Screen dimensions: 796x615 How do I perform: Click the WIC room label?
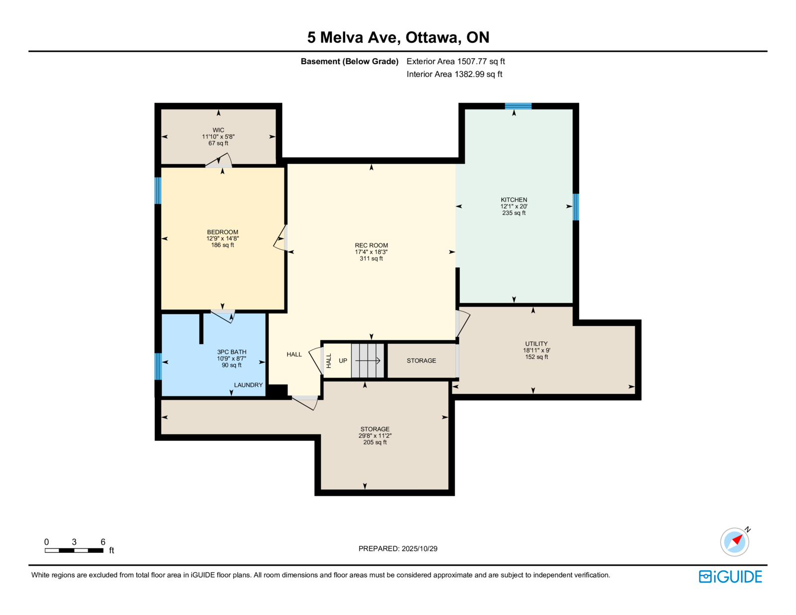coord(218,130)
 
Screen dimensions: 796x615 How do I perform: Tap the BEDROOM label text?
coord(222,232)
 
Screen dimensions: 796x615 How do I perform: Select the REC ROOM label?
coord(371,245)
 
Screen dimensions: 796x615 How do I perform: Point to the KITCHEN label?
coord(514,200)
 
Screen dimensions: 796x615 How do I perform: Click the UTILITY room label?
coord(536,344)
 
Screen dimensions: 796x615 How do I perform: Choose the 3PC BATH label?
coord(231,352)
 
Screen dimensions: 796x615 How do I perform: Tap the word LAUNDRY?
coord(248,385)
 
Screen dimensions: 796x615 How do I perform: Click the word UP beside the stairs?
coord(343,360)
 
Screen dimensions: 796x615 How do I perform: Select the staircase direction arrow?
coord(368,361)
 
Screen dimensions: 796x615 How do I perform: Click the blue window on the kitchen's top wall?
coord(518,106)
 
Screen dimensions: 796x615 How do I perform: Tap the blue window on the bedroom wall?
coord(158,191)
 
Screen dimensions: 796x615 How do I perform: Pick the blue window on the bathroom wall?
coord(158,366)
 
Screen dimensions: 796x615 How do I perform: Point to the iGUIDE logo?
coord(730,577)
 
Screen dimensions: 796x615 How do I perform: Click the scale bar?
coord(74,550)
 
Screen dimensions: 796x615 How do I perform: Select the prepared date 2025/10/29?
coord(419,549)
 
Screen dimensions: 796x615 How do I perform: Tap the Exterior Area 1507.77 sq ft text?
coord(456,61)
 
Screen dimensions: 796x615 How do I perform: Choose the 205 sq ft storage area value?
coord(375,442)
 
